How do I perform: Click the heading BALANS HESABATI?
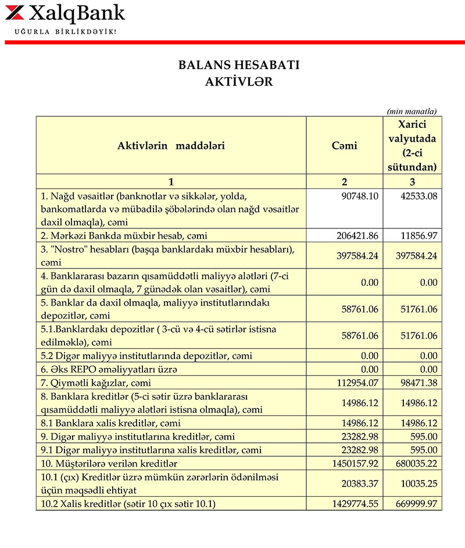[239, 65]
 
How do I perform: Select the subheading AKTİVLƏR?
[239, 82]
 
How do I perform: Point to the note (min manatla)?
[412, 111]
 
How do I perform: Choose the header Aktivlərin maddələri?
[171, 145]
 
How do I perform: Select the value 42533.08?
[419, 196]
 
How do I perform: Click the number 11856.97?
[419, 235]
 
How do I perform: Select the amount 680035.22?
[416, 463]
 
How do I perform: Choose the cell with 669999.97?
[416, 504]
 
